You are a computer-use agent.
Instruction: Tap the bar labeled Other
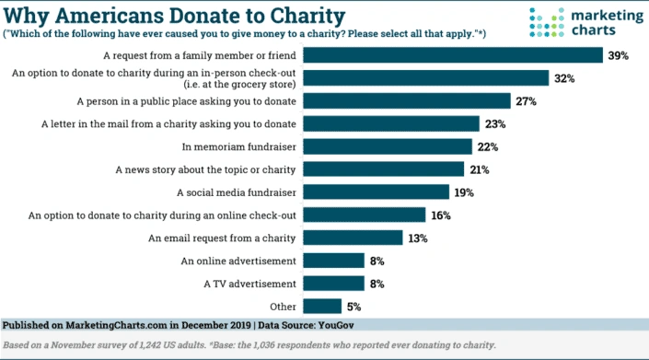coord(319,306)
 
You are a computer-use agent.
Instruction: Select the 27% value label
coord(527,101)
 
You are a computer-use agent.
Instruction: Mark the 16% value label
coord(440,215)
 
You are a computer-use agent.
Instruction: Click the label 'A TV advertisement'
coord(250,283)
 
